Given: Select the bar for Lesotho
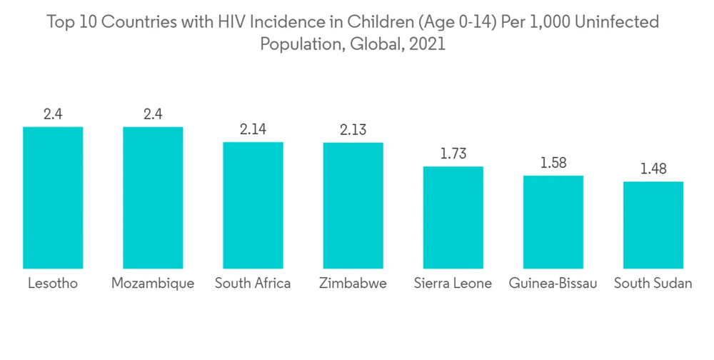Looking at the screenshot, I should pyautogui.click(x=53, y=198).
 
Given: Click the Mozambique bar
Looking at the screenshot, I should pyautogui.click(x=153, y=198).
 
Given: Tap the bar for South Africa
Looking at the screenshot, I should pyautogui.click(x=253, y=205).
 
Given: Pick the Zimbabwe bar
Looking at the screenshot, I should pyautogui.click(x=353, y=206).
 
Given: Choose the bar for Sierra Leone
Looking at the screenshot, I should pyautogui.click(x=453, y=217).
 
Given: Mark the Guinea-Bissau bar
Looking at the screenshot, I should pyautogui.click(x=553, y=222).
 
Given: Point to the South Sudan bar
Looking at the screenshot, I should pyautogui.click(x=653, y=225).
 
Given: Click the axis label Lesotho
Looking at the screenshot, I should pyautogui.click(x=53, y=284).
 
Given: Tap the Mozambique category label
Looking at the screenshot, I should pyautogui.click(x=153, y=284).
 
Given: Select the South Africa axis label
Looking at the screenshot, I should pyautogui.click(x=253, y=284).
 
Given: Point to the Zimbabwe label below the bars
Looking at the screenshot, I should pyautogui.click(x=353, y=284).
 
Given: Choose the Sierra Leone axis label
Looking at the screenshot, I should pyautogui.click(x=453, y=284).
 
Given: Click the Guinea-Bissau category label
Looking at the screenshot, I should pyautogui.click(x=553, y=284).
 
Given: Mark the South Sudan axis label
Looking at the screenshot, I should pyautogui.click(x=653, y=284).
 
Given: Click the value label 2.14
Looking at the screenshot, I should pyautogui.click(x=253, y=129).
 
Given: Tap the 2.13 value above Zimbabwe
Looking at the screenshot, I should pyautogui.click(x=353, y=130).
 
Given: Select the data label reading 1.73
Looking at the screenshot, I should pyautogui.click(x=453, y=154).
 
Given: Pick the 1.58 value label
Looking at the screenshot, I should pyautogui.click(x=553, y=163).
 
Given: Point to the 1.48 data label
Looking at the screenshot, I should pyautogui.click(x=653, y=169).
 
